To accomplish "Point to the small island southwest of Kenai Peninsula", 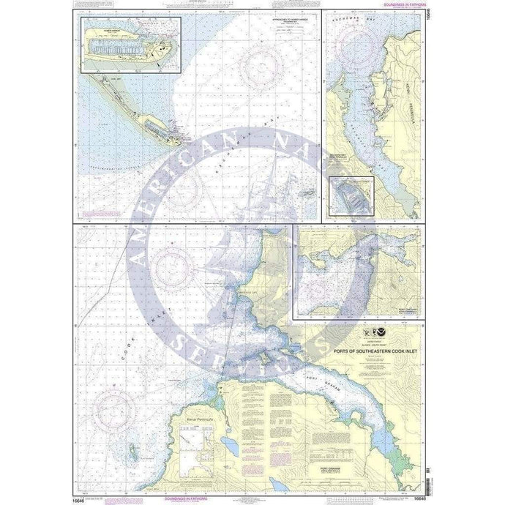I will [x=132, y=447].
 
